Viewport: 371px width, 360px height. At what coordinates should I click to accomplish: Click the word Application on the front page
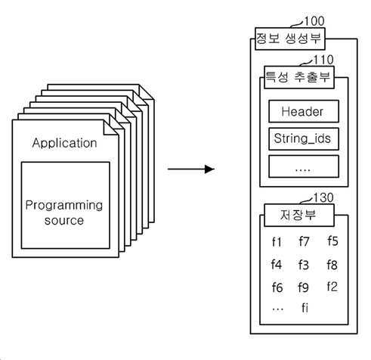click(x=64, y=143)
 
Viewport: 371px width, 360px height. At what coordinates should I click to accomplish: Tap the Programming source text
click(x=64, y=213)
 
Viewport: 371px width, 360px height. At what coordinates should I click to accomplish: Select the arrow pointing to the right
click(x=191, y=169)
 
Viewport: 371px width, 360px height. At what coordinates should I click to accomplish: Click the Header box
click(x=304, y=111)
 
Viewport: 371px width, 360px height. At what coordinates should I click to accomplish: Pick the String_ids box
click(x=304, y=139)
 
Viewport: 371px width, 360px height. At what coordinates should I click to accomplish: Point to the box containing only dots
click(x=304, y=166)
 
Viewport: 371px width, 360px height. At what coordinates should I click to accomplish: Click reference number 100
click(x=314, y=21)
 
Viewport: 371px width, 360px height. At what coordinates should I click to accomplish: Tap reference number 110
click(x=323, y=60)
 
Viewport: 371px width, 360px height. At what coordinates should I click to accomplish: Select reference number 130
click(x=323, y=197)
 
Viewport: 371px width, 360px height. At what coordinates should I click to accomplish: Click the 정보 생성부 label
click(x=289, y=39)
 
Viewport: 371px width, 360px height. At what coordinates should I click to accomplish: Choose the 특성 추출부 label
click(x=298, y=77)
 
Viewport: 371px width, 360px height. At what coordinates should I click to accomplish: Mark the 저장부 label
click(x=298, y=215)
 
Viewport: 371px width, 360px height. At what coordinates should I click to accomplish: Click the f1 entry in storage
click(x=277, y=242)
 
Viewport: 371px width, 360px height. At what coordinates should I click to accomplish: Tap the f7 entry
click(x=304, y=241)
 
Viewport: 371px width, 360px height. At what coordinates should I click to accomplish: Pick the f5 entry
click(x=332, y=241)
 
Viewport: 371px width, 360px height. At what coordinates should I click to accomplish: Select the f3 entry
click(x=304, y=265)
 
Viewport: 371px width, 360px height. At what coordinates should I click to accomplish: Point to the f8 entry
click(x=332, y=265)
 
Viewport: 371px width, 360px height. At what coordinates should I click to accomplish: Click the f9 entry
click(x=303, y=287)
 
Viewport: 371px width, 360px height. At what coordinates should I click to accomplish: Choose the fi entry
click(x=305, y=308)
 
